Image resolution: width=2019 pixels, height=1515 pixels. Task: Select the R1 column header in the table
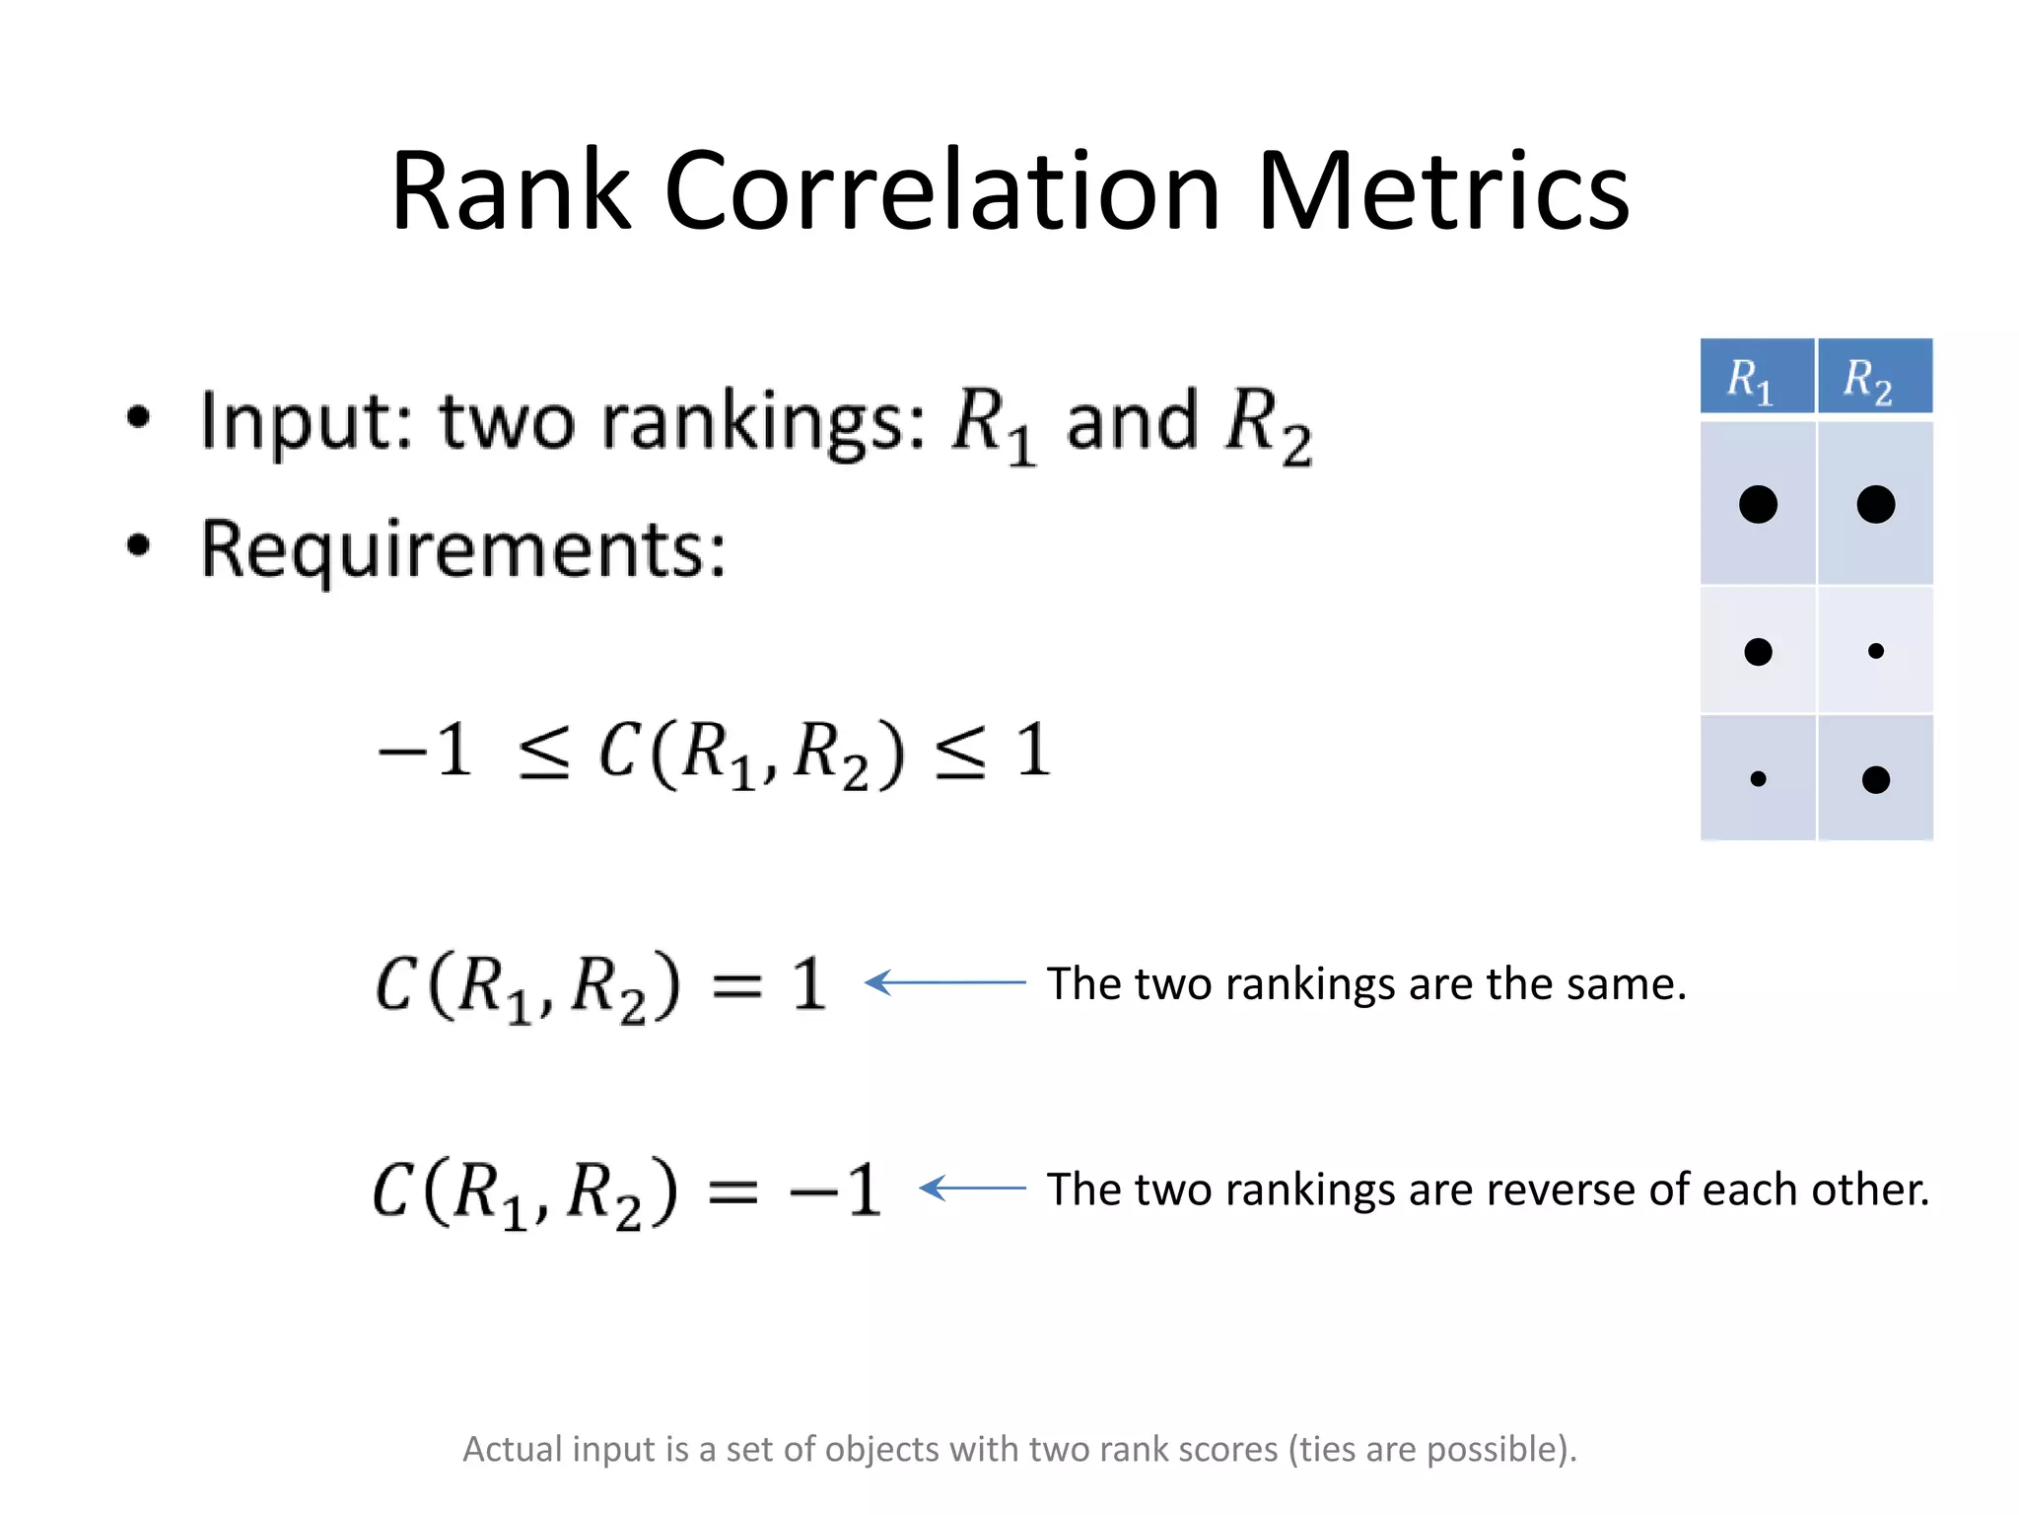pyautogui.click(x=1756, y=377)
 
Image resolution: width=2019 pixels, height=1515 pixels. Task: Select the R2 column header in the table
pyautogui.click(x=1874, y=377)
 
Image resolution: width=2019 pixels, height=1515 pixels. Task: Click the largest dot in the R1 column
pyautogui.click(x=1758, y=504)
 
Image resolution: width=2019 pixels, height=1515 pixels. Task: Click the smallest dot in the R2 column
pyautogui.click(x=1875, y=651)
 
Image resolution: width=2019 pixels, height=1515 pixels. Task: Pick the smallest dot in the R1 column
pyautogui.click(x=1758, y=778)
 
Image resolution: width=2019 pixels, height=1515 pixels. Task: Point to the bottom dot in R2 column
pyautogui.click(x=1875, y=779)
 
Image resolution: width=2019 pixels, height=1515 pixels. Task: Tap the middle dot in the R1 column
pyautogui.click(x=1758, y=651)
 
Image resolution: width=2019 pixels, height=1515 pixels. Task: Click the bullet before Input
pyautogui.click(x=139, y=417)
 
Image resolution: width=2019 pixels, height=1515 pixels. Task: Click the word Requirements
pyautogui.click(x=462, y=550)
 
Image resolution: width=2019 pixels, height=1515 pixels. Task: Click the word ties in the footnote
pyautogui.click(x=1327, y=1449)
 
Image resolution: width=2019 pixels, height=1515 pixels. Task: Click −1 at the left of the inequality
pyautogui.click(x=426, y=752)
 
